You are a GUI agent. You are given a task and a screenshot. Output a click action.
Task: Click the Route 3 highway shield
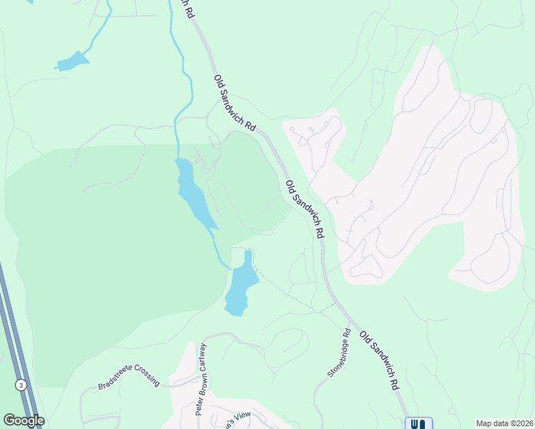point(21,385)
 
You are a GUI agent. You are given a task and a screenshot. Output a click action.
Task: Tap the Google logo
point(24,420)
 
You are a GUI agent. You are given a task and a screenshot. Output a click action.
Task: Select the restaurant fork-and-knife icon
point(418,423)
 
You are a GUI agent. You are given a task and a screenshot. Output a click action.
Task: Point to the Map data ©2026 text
point(504,423)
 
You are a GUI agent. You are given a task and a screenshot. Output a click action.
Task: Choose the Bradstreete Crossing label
point(129,380)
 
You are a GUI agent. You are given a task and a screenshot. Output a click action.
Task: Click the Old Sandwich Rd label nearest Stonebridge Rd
point(379,360)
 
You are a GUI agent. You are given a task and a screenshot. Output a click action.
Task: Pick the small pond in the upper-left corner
point(72,61)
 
